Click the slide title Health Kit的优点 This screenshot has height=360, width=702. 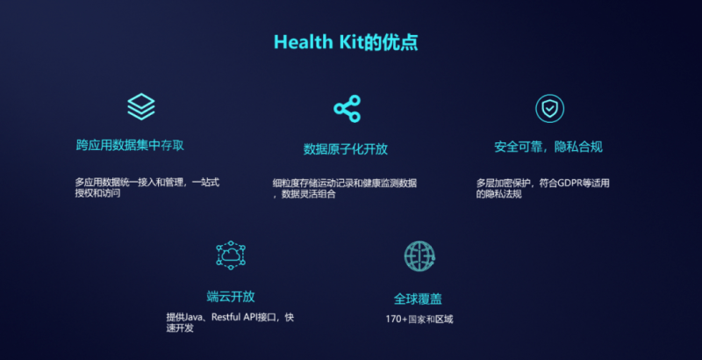pyautogui.click(x=346, y=42)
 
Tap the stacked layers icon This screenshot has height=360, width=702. pyautogui.click(x=141, y=106)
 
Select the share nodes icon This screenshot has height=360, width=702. pyautogui.click(x=347, y=108)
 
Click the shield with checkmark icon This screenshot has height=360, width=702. pyautogui.click(x=550, y=108)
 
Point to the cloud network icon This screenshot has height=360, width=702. pyautogui.click(x=231, y=256)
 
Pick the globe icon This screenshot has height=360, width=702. pyautogui.click(x=419, y=256)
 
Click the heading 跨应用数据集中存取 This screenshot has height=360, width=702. pyautogui.click(x=130, y=145)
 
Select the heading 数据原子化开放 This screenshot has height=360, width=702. pyautogui.click(x=346, y=149)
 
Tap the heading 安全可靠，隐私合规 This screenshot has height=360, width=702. pyautogui.click(x=548, y=147)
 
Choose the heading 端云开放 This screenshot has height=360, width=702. pyautogui.click(x=231, y=297)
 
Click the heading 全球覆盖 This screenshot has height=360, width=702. pyautogui.click(x=418, y=299)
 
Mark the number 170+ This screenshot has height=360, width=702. pyautogui.click(x=397, y=320)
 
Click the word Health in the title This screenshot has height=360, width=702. pyautogui.click(x=303, y=42)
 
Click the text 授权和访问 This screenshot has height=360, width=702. pyautogui.click(x=97, y=194)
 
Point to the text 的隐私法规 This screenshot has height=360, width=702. pyautogui.click(x=498, y=194)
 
